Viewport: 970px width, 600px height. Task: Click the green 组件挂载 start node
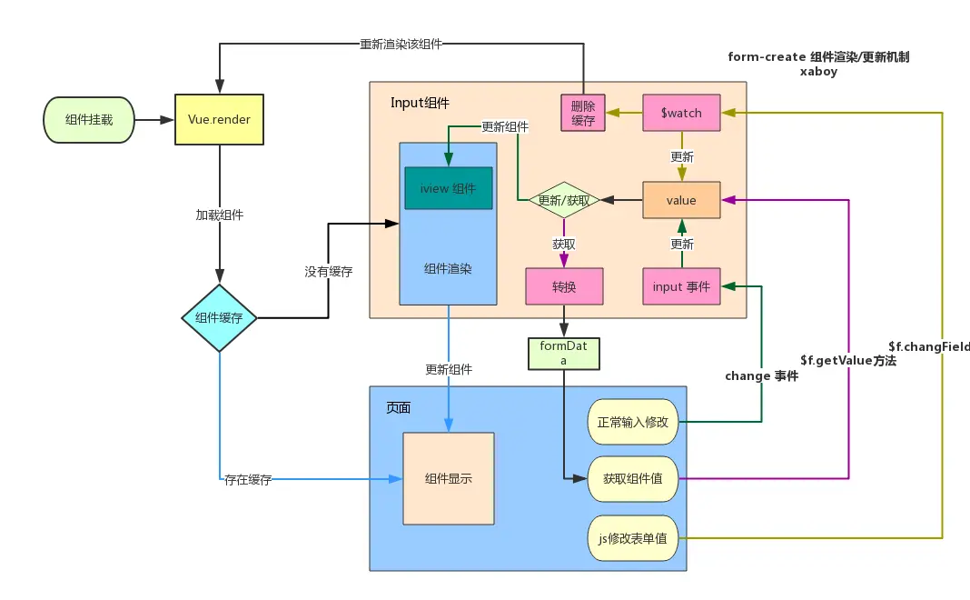[89, 119]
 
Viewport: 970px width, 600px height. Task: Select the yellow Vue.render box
[219, 119]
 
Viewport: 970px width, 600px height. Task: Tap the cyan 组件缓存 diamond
[219, 318]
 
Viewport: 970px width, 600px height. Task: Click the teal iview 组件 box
[449, 188]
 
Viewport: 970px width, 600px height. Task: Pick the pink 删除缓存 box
[583, 113]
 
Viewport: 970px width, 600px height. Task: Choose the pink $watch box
[681, 113]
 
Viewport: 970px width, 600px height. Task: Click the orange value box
[681, 200]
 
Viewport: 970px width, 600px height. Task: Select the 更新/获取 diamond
[564, 200]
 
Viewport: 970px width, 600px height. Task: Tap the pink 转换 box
[564, 286]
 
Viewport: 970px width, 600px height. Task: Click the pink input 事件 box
[681, 286]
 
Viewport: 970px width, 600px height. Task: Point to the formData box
[563, 353]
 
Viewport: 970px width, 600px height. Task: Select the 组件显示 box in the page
[449, 478]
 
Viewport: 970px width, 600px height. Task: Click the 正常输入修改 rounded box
[633, 422]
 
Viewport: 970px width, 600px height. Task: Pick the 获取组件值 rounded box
[633, 478]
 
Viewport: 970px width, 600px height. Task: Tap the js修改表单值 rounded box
[633, 538]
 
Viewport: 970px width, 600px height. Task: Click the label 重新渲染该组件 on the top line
[401, 44]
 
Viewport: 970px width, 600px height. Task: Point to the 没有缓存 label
[329, 271]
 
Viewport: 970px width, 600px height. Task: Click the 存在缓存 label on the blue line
[248, 479]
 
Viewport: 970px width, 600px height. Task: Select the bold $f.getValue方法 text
[848, 361]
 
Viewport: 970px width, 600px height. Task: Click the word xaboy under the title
[818, 71]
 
